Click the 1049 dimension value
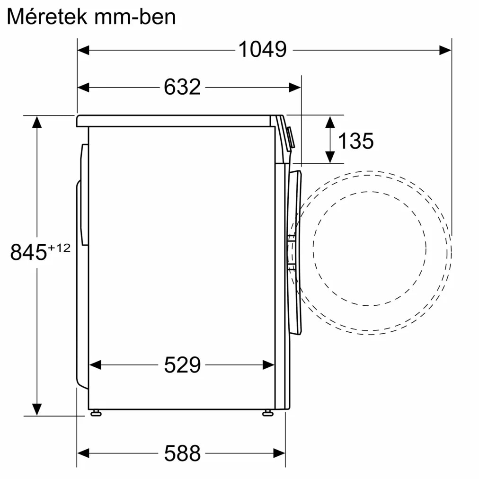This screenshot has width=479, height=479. click(262, 50)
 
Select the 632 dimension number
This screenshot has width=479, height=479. click(182, 87)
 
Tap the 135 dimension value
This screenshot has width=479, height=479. click(355, 141)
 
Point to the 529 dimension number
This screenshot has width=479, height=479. click(182, 365)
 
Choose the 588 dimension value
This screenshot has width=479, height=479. click(182, 453)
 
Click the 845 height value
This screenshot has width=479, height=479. click(28, 252)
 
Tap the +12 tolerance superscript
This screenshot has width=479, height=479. click(59, 248)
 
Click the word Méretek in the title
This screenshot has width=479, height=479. click(47, 17)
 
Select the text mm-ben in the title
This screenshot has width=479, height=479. click(135, 17)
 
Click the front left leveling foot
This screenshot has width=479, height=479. click(96, 413)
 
